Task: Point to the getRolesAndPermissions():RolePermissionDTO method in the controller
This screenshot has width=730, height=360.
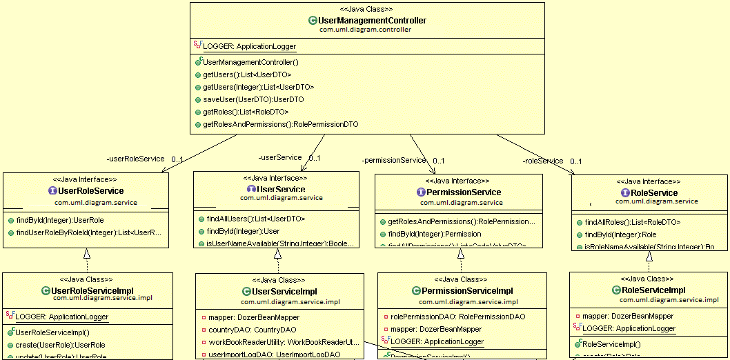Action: [x=280, y=124]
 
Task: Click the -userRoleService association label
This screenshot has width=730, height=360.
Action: [x=135, y=159]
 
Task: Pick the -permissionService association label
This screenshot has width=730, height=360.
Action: [x=394, y=160]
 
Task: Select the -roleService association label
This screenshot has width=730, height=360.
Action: [x=543, y=161]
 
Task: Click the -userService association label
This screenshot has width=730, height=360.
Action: [x=279, y=158]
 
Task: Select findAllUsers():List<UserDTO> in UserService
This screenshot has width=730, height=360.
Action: [x=255, y=219]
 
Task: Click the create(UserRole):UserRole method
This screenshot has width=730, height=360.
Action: [x=59, y=345]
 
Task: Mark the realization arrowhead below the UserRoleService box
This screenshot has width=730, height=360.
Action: [x=86, y=254]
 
